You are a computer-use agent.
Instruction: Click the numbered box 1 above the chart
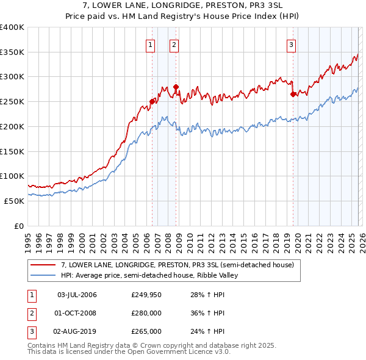click(150, 44)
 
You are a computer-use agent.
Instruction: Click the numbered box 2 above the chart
click(174, 44)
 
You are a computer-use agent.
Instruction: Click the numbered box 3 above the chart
click(291, 44)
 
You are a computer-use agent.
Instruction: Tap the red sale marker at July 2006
click(152, 102)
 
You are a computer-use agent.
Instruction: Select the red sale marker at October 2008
click(176, 87)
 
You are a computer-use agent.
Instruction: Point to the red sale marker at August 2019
click(293, 95)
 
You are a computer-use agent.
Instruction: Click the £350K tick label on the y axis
click(12, 52)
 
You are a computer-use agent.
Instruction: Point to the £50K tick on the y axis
click(13, 201)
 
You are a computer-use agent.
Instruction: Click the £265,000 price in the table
click(146, 331)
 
